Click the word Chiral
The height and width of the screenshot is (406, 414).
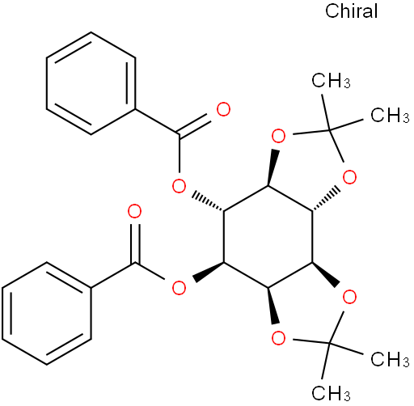click(351, 11)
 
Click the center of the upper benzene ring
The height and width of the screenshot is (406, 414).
click(91, 83)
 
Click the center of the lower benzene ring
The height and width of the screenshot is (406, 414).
click(47, 313)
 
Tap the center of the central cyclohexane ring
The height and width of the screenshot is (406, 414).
click(268, 236)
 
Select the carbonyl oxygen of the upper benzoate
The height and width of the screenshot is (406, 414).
click(223, 109)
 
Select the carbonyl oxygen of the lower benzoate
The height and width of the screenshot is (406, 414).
click(134, 211)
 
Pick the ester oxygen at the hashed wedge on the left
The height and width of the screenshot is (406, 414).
click(179, 186)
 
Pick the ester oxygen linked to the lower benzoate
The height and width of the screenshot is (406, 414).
click(179, 288)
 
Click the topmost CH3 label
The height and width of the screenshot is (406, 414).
click(331, 81)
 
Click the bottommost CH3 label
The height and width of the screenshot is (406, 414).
click(331, 393)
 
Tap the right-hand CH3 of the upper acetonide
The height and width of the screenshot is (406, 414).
click(390, 115)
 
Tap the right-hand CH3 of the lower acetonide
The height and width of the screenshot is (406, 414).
click(390, 359)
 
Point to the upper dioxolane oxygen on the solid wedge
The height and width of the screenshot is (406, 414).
click(278, 136)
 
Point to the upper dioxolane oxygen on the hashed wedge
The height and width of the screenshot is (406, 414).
click(349, 177)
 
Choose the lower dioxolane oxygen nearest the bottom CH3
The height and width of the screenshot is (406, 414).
click(278, 338)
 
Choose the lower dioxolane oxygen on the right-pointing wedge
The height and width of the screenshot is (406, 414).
click(349, 297)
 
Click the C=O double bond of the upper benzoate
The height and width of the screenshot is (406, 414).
click(193, 125)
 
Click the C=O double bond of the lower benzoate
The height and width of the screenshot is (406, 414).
click(135, 243)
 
